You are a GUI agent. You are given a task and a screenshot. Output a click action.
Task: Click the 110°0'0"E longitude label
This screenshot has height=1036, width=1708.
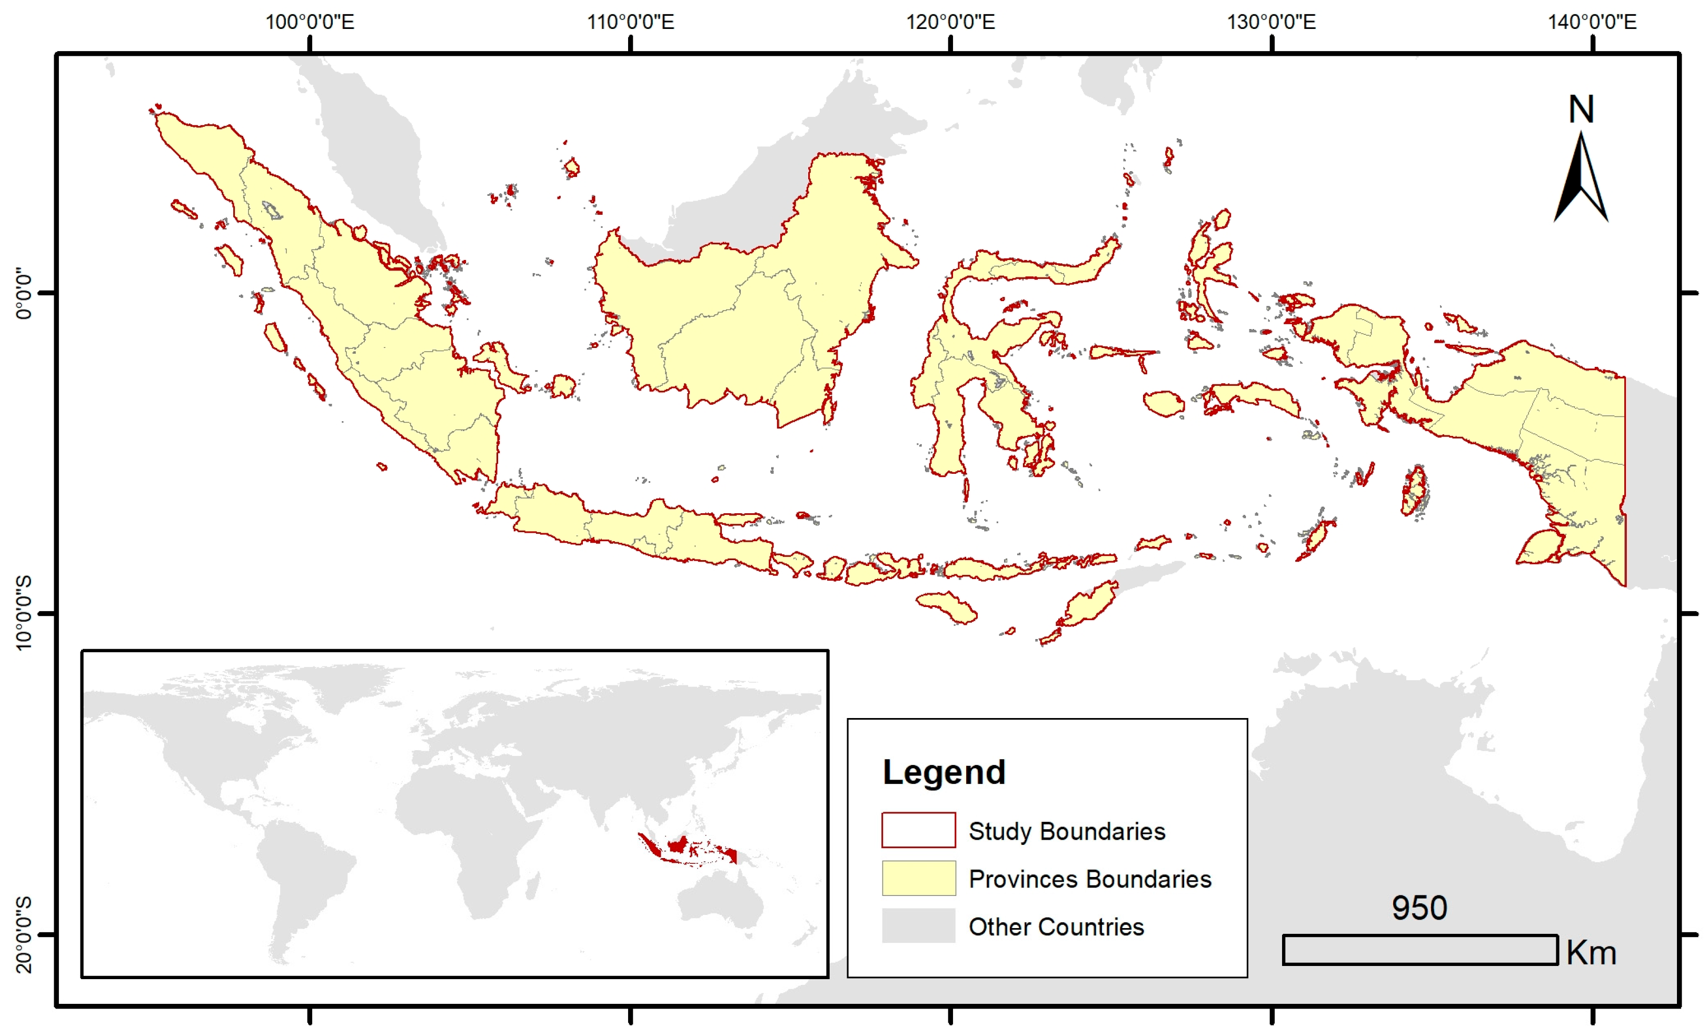click(630, 22)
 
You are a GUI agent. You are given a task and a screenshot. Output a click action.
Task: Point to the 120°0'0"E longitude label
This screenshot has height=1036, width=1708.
click(950, 22)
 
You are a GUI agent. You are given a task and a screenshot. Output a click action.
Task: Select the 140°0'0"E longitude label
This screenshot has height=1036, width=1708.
click(1592, 22)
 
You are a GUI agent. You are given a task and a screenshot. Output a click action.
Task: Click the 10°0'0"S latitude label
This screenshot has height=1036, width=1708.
click(24, 613)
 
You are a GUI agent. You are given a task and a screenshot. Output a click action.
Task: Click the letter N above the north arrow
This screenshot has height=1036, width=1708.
click(1581, 109)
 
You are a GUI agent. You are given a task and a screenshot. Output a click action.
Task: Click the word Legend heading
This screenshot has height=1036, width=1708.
click(944, 772)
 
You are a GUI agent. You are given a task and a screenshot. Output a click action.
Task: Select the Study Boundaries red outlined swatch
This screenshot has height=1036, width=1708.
click(918, 830)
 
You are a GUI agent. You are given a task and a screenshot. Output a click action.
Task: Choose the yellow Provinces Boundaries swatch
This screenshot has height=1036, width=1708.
click(918, 878)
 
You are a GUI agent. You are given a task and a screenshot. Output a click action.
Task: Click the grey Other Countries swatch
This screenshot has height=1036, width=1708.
click(918, 926)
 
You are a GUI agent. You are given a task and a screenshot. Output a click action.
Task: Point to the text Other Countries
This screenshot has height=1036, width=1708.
click(1056, 927)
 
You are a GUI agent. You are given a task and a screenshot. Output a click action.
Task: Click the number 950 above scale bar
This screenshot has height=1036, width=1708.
click(1419, 908)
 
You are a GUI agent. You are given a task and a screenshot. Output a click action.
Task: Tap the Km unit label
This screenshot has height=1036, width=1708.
click(1591, 953)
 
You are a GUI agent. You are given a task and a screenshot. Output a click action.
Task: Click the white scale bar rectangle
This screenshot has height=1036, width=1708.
click(1419, 949)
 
